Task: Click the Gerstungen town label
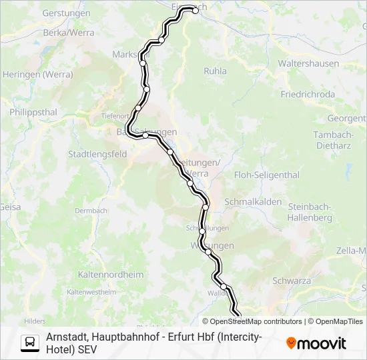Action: click(66, 13)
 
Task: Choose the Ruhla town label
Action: click(215, 71)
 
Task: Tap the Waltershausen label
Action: click(310, 64)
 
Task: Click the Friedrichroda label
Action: click(308, 94)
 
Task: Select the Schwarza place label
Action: click(292, 281)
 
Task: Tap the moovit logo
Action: click(316, 343)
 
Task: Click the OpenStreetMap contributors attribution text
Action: click(256, 321)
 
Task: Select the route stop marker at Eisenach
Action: click(195, 9)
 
